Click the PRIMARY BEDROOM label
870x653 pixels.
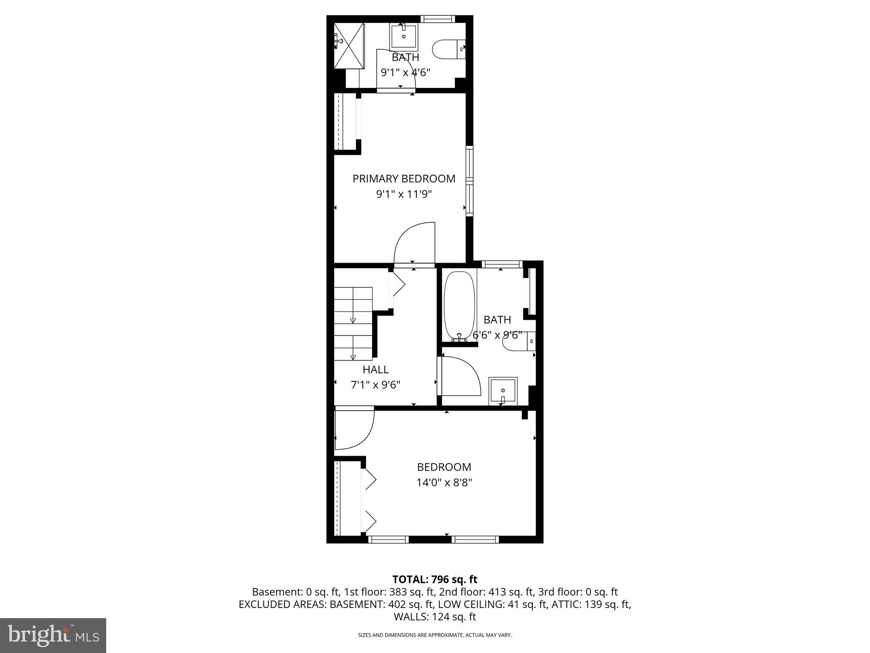pos(404,179)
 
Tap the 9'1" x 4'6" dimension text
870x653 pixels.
pos(405,72)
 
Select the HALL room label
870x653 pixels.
pos(376,369)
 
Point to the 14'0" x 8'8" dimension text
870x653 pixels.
pos(444,483)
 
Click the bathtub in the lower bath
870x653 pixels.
pos(459,305)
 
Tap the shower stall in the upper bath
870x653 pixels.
pos(349,45)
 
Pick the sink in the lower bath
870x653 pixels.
pos(503,390)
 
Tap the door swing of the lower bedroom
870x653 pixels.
pos(354,428)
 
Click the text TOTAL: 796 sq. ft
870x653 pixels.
pos(435,579)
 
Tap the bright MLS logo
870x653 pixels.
pos(53,635)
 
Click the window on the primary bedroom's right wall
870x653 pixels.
pos(469,181)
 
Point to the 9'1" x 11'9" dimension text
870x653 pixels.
pos(404,194)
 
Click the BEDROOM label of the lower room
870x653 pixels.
pos(444,467)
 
